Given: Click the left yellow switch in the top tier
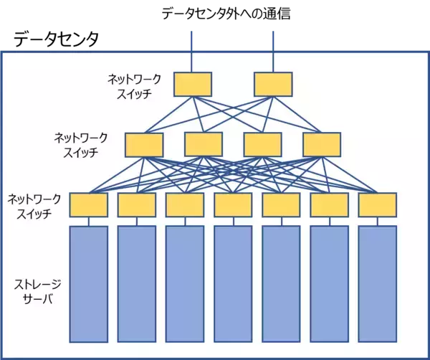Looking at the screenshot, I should click(193, 84).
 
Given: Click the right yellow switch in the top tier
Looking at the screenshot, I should click(272, 84).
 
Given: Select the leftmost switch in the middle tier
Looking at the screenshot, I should click(144, 145).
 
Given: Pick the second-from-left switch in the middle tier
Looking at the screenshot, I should click(204, 144).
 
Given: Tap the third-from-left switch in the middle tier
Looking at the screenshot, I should click(262, 144).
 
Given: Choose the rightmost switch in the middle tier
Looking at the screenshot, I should click(322, 144).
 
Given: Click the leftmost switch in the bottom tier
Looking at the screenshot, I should click(89, 205).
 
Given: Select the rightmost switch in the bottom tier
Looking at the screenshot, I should click(378, 205).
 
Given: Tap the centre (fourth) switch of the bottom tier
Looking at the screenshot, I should click(233, 205).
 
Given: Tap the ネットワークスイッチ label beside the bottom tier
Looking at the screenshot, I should click(34, 205).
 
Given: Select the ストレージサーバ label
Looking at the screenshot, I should click(34, 291).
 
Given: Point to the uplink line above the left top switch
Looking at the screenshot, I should click(193, 50).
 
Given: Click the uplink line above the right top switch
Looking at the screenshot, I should click(272, 50).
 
